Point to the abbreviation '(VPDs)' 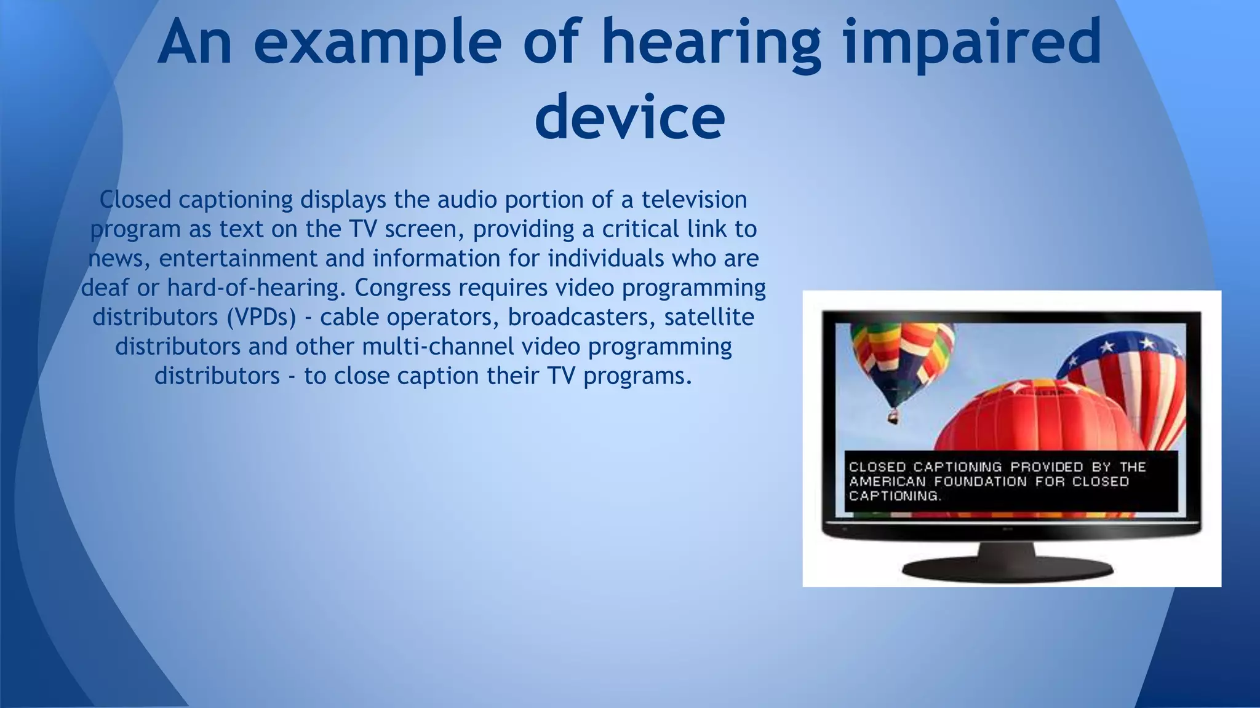[261, 317]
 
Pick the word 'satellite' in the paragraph [709, 317]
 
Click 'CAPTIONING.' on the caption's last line [895, 497]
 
